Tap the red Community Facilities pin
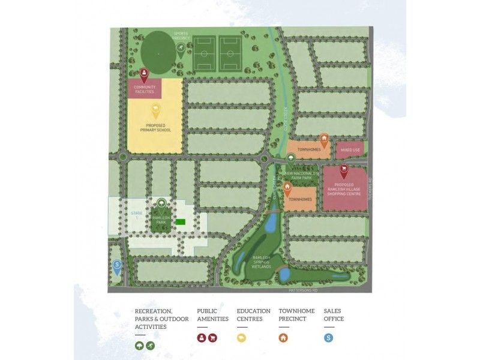pos(144,74)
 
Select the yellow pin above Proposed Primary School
pos(156,110)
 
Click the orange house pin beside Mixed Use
pos(324,139)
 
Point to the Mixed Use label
pos(350,149)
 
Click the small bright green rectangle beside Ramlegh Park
pos(181,222)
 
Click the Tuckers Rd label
pos(371,189)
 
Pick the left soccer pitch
pos(204,53)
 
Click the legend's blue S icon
pos(329,338)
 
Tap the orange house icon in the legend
pos(284,338)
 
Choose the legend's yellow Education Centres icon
pos(242,338)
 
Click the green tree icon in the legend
pos(140,346)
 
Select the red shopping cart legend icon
pos(212,338)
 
